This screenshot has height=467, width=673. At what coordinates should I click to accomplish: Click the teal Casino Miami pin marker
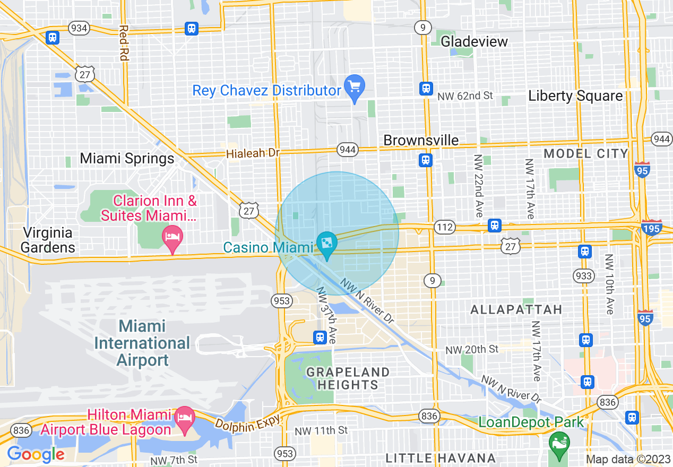[x=327, y=244]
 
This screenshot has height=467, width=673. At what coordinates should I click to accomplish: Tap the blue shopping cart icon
[x=353, y=85]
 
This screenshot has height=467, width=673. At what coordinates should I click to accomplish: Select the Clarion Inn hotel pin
[x=172, y=236]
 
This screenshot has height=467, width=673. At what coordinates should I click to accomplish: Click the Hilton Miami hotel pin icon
[x=185, y=414]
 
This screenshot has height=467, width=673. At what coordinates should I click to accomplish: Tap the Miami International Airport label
[x=142, y=343]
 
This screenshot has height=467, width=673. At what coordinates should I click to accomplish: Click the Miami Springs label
[x=127, y=159]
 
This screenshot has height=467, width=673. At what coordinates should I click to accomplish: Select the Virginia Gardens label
[x=48, y=240]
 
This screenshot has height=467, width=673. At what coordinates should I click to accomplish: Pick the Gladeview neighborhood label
[x=474, y=41]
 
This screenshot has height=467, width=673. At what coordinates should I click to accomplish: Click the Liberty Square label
[x=575, y=96]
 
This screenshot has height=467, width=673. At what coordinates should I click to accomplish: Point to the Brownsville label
[x=421, y=140]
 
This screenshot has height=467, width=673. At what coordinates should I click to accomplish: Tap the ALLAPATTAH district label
[x=516, y=309]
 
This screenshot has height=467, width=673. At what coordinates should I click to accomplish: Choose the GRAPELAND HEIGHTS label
[x=348, y=378]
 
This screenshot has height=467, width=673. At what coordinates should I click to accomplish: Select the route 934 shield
[x=79, y=28]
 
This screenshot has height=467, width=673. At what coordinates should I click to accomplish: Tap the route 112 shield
[x=444, y=228]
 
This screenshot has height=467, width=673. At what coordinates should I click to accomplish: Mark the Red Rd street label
[x=124, y=42]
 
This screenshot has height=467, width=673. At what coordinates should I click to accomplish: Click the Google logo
[x=36, y=454]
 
